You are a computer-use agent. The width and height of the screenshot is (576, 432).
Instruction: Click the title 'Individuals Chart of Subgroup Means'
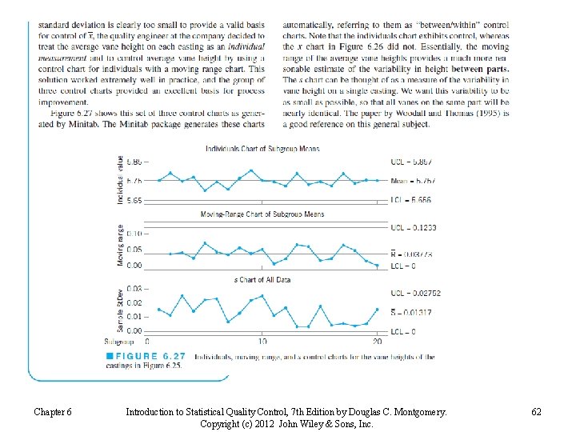[262, 149]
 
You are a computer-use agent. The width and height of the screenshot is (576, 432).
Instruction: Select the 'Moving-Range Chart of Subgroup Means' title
[262, 214]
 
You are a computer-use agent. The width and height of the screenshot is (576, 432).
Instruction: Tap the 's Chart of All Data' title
[262, 280]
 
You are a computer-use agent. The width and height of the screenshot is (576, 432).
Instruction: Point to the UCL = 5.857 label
[415, 161]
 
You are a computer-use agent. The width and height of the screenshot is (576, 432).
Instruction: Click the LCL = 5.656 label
[415, 200]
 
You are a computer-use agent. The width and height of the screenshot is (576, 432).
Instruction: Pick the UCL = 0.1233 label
[415, 228]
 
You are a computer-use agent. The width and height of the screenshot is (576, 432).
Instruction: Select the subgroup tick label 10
[262, 342]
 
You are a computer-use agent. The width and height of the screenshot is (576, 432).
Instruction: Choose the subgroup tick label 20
[377, 342]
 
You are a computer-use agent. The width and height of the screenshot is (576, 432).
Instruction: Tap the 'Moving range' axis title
[121, 246]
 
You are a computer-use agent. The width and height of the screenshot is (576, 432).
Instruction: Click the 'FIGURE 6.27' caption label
[145, 357]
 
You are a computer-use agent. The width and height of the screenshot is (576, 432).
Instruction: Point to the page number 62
[536, 412]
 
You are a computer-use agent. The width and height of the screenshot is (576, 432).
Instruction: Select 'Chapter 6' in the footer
[53, 412]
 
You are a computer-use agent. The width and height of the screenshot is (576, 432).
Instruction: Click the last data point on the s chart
[378, 309]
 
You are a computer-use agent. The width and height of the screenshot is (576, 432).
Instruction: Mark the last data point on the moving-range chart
[378, 266]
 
